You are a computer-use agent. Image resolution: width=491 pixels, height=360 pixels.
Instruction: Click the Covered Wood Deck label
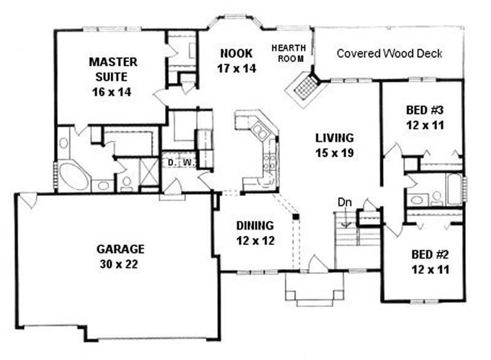pos(389,53)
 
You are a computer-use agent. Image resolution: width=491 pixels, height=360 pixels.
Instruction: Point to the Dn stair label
pos(344,202)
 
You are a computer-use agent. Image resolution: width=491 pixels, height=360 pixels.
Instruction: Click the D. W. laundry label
pos(180,162)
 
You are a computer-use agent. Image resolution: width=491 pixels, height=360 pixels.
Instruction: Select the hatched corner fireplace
pos(304,88)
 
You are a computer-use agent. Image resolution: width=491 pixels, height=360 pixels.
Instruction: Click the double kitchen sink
pos(260,131)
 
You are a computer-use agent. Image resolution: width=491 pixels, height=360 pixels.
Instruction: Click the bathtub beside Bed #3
pos(454,190)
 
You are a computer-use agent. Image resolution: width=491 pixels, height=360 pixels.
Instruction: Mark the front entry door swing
pos(317,264)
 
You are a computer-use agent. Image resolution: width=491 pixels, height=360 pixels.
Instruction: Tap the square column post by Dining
pos(295,217)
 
